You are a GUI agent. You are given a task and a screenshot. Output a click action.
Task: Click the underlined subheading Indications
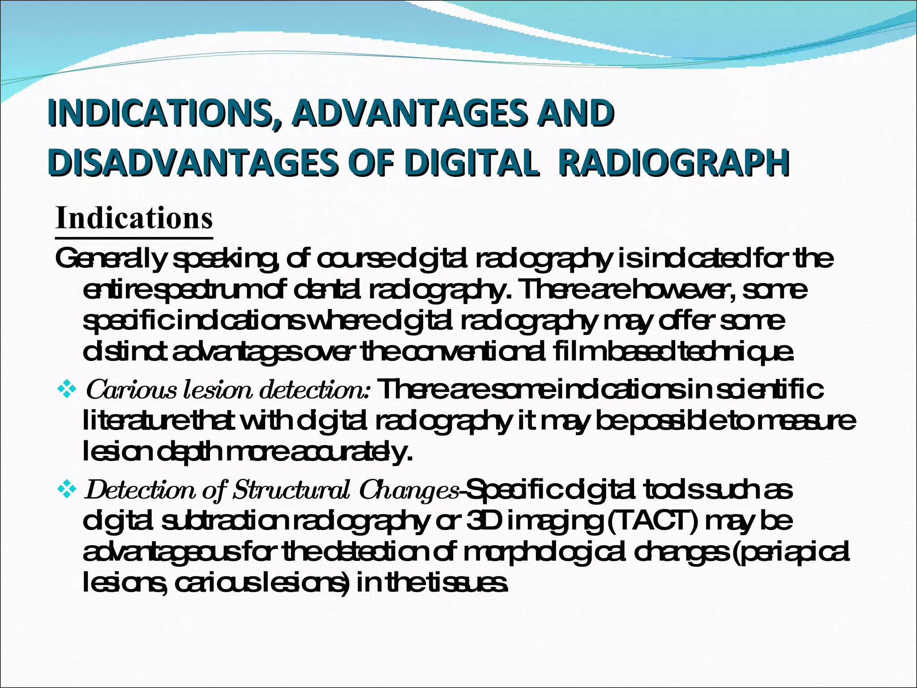point(134,219)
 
